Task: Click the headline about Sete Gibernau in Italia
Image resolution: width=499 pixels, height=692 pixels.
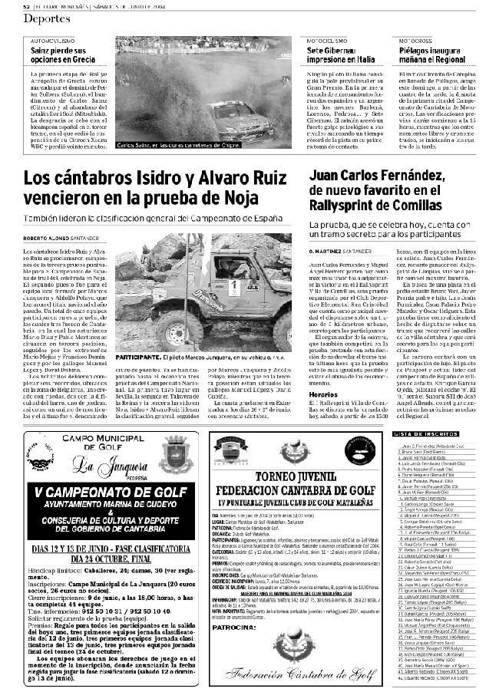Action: (x=341, y=54)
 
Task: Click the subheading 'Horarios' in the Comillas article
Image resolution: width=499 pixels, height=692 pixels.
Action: (x=323, y=394)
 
